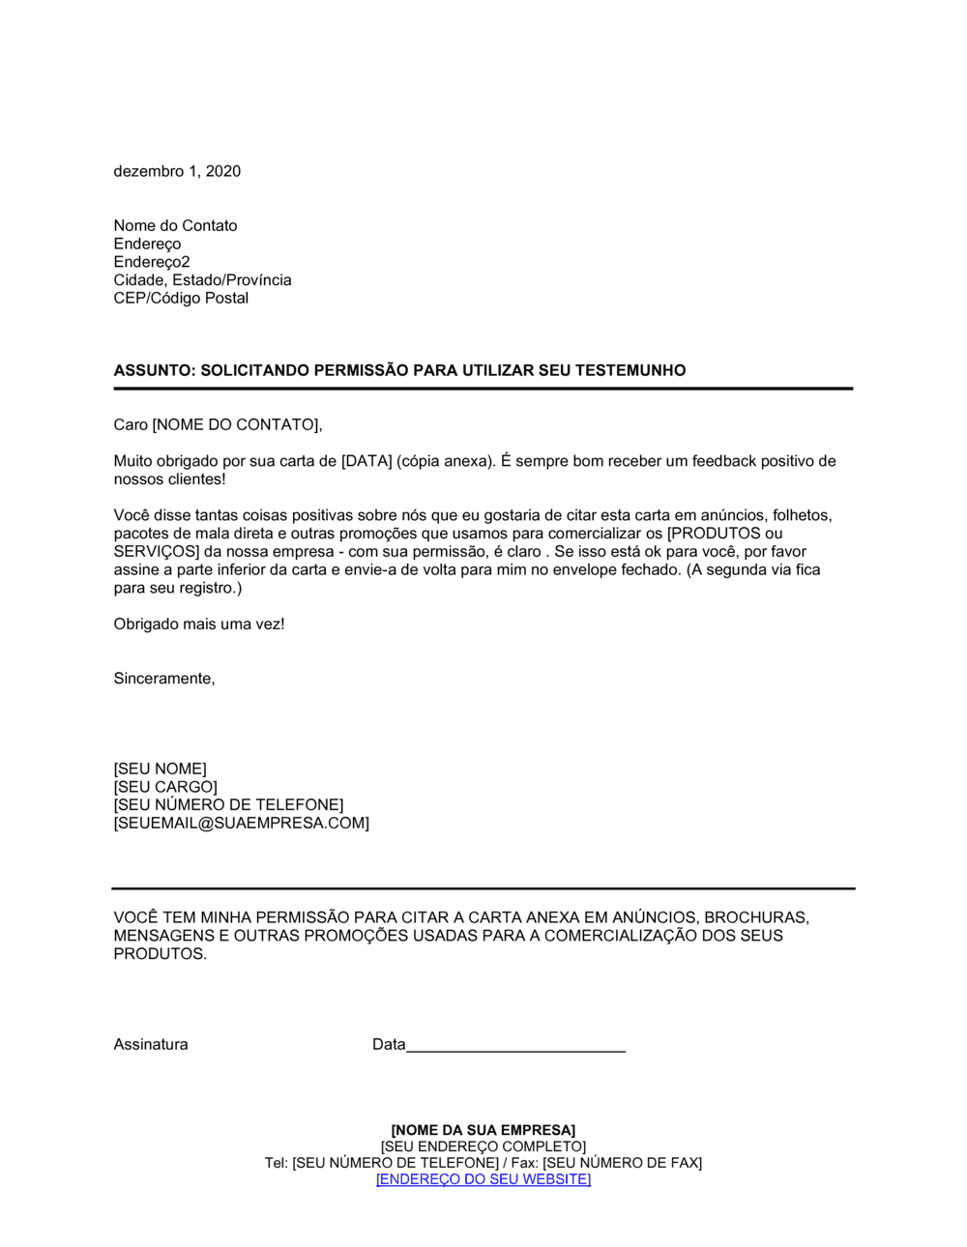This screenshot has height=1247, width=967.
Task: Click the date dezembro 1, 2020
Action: [177, 171]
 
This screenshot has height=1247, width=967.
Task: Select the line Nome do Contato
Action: [175, 225]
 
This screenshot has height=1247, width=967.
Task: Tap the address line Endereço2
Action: [152, 262]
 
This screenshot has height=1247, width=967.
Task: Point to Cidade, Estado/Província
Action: [202, 279]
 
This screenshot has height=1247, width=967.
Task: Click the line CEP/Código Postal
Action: [181, 298]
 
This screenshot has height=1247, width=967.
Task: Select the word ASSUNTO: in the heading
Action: [155, 370]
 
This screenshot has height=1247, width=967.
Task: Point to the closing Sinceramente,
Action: [164, 679]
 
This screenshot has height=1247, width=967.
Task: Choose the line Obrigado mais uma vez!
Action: [199, 624]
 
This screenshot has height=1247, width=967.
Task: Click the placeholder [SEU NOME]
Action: [160, 768]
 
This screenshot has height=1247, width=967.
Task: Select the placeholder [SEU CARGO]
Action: [165, 787]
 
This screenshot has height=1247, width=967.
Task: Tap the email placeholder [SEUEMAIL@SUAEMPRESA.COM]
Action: [241, 824]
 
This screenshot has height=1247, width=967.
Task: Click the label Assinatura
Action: [151, 1044]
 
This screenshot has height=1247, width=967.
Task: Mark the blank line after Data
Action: [515, 1046]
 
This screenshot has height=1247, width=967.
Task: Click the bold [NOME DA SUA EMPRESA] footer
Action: [483, 1130]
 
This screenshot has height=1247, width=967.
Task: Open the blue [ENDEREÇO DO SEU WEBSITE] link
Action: [483, 1179]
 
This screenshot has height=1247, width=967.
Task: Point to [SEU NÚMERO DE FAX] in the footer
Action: [622, 1163]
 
